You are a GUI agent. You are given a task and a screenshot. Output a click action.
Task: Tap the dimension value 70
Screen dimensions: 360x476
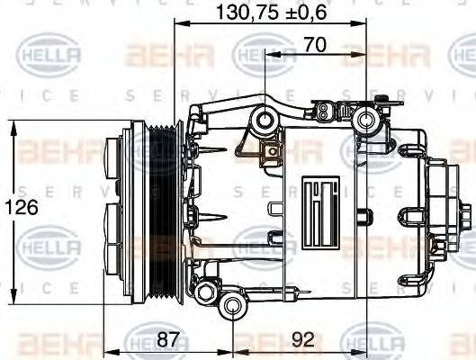(x=315, y=42)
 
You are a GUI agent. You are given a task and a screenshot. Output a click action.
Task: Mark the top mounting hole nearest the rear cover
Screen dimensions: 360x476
(x=365, y=120)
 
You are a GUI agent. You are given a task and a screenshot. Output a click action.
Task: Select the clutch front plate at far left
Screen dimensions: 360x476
(x=115, y=207)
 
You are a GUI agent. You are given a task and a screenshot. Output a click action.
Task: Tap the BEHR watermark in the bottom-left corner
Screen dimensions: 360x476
(x=53, y=342)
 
